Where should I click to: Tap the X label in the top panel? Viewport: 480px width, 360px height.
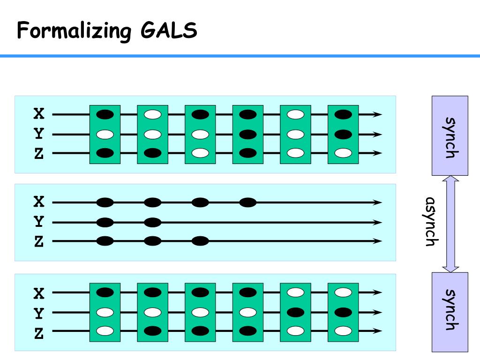[x=39, y=114]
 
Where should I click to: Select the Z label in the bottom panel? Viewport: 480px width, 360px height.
[x=39, y=333]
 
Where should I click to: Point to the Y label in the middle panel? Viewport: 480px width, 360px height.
[x=39, y=222]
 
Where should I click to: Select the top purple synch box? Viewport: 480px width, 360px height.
[x=450, y=135]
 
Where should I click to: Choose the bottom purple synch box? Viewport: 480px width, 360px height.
[x=450, y=311]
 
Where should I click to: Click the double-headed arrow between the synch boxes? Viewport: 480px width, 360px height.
[x=450, y=224]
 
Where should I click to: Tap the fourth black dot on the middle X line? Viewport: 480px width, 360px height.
[x=248, y=202]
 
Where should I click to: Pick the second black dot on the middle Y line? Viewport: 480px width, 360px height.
[x=152, y=222]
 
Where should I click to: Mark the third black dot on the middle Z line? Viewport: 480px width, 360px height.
[x=200, y=241]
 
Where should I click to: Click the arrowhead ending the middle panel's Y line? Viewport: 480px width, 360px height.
[x=378, y=222]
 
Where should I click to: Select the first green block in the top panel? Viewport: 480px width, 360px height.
[x=105, y=135]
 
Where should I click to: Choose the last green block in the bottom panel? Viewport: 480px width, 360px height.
[x=343, y=312]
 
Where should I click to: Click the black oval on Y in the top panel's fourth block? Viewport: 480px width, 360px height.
[x=248, y=135]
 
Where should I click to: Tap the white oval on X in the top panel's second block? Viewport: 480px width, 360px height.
[x=152, y=114]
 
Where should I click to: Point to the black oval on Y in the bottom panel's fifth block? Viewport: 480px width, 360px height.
[x=295, y=312]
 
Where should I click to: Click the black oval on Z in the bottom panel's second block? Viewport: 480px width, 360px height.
[x=152, y=331]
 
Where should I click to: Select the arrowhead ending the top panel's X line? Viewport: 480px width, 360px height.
[x=378, y=114]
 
